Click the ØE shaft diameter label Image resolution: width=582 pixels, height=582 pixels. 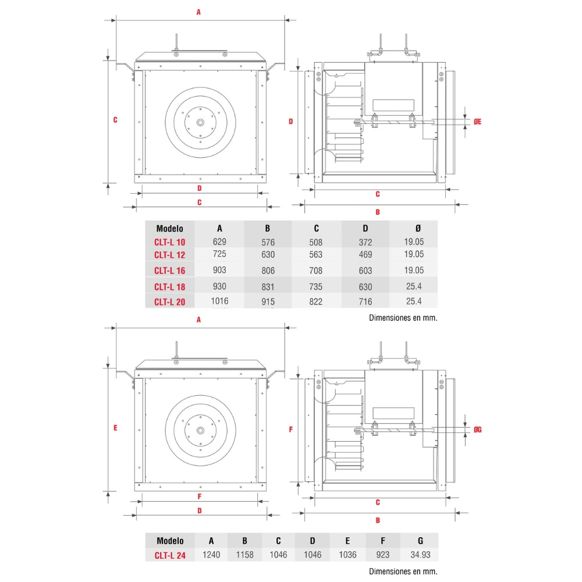[477, 121]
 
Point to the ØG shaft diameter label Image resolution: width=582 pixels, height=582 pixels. [477, 430]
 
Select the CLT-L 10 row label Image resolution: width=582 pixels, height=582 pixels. [170, 242]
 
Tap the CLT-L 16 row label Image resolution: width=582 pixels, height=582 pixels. [170, 270]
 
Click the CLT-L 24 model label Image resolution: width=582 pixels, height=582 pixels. [170, 555]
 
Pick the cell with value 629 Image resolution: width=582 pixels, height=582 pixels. [219, 242]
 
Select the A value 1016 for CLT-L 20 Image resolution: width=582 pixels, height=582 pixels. [219, 301]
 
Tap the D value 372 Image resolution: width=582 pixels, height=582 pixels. [365, 242]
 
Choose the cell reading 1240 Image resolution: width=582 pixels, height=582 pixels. [211, 555]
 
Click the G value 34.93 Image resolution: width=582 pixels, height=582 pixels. [420, 555]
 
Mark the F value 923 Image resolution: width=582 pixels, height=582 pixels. [382, 555]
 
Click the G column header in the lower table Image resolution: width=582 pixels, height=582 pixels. [420, 541]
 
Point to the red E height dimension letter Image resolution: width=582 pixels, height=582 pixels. [115, 427]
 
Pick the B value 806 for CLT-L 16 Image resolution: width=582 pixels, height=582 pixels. [268, 270]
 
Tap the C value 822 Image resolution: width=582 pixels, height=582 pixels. [316, 301]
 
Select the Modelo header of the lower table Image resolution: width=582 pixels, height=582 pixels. [170, 541]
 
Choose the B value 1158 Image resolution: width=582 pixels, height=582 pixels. [245, 555]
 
